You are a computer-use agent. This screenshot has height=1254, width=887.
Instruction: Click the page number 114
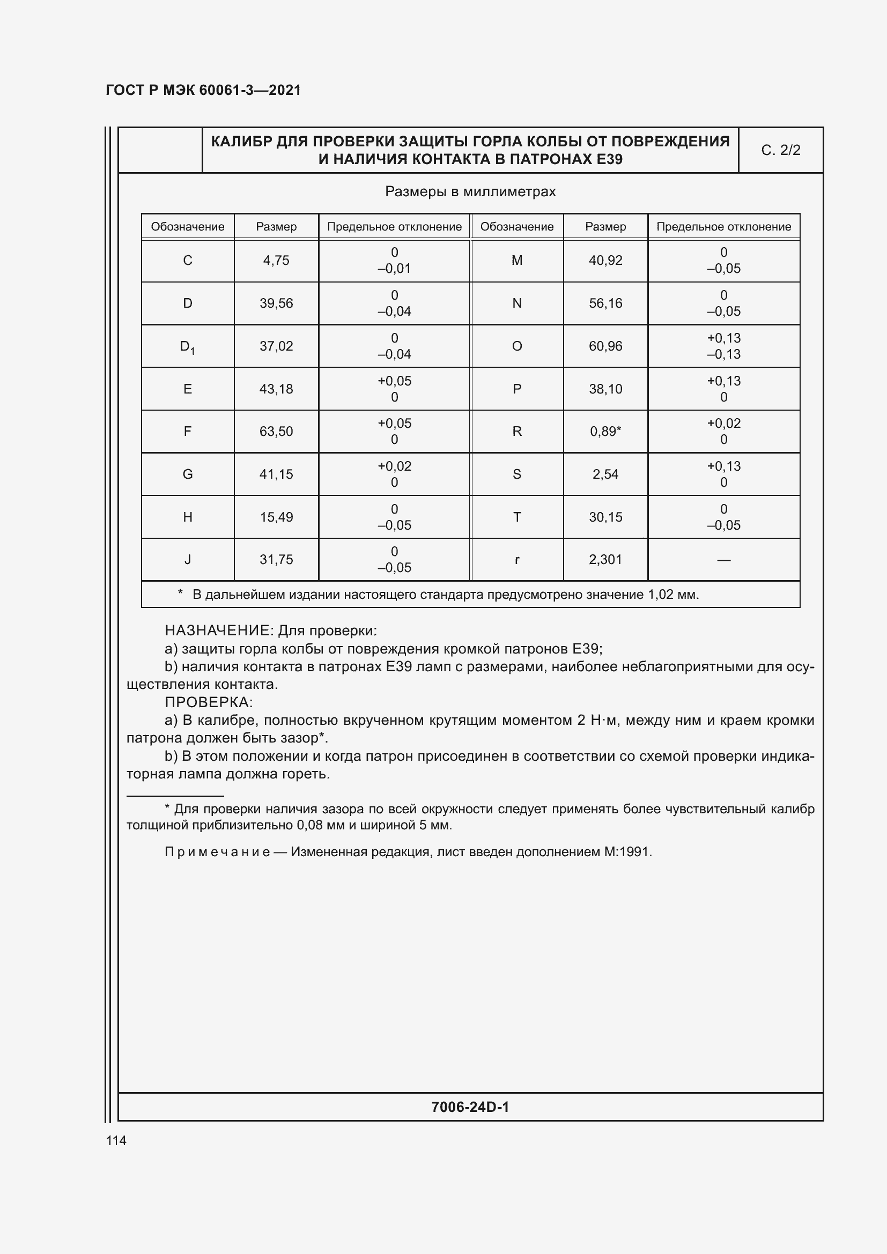coord(116,1140)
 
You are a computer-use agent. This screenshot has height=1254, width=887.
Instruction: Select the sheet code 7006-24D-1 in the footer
coord(470,1107)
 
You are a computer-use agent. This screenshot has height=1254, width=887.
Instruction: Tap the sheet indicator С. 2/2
coord(780,150)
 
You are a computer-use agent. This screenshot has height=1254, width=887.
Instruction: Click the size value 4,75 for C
coord(276,261)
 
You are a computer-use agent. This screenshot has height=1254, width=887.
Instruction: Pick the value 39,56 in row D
coord(276,303)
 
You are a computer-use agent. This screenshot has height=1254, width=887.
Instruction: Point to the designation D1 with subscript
coord(187,347)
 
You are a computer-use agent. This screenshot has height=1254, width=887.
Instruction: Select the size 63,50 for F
coord(276,432)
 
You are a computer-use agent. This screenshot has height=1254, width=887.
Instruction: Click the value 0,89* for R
coord(605,432)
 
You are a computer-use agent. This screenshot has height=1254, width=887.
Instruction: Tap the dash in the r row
coord(723,560)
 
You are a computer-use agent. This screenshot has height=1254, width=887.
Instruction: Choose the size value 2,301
coord(605,560)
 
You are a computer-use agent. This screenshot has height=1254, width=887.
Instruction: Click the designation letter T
coord(516,517)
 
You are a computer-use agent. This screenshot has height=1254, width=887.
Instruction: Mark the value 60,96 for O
coord(605,346)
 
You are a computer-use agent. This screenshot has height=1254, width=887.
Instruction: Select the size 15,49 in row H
coord(276,517)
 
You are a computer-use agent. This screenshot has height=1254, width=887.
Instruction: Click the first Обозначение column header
coord(187,227)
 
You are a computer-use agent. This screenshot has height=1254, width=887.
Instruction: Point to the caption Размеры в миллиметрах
coord(470,192)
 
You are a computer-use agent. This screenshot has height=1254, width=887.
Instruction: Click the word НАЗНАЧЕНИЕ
coord(218,631)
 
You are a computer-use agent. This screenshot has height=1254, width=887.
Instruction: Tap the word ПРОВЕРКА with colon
coord(209,702)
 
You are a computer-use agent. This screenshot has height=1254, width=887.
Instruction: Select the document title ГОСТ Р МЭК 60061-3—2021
coord(203,90)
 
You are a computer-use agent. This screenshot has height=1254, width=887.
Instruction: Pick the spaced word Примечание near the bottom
coord(217,852)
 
